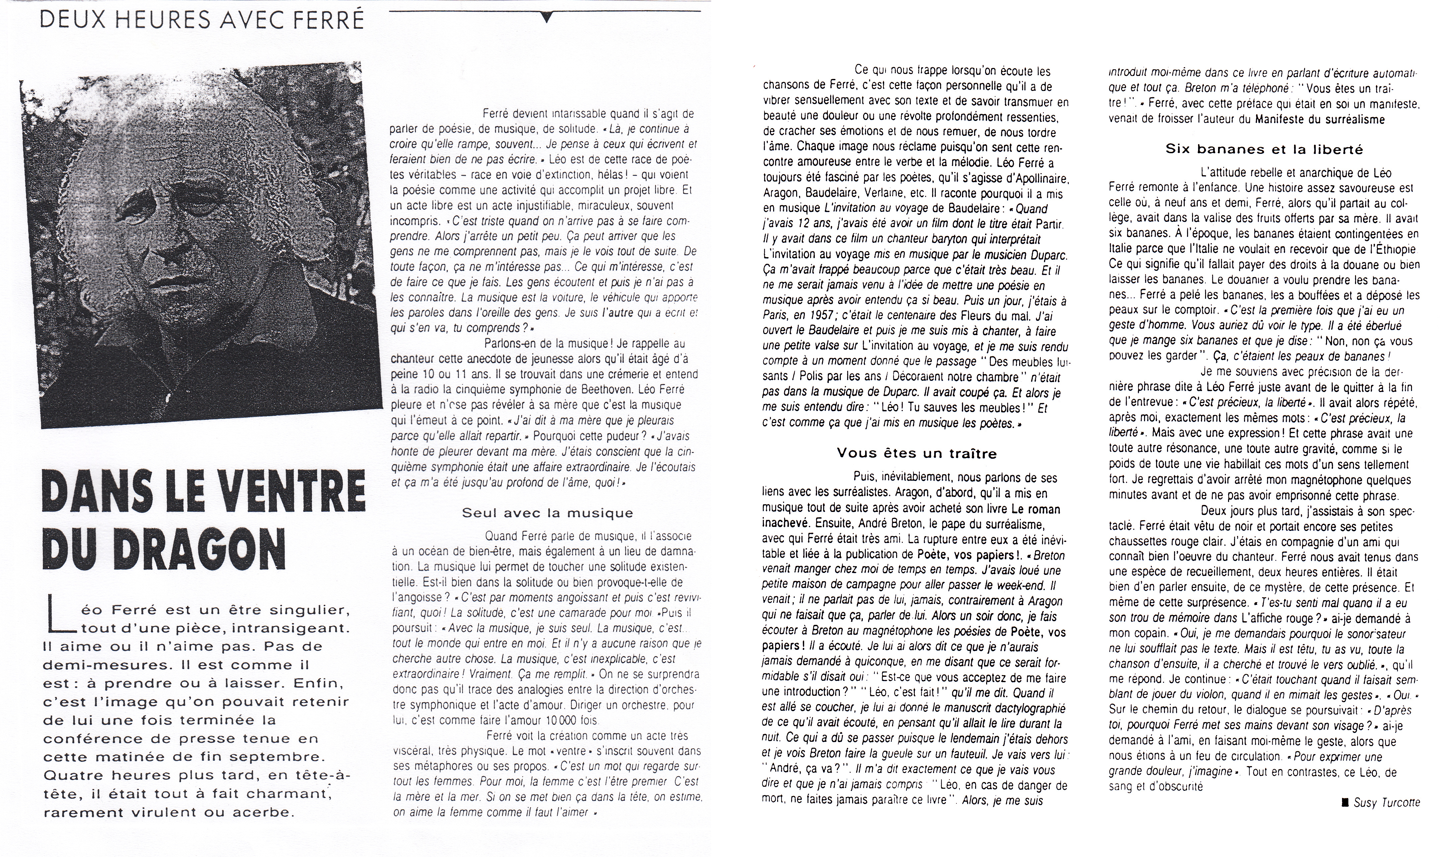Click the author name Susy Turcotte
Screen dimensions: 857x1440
coord(1386,803)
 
